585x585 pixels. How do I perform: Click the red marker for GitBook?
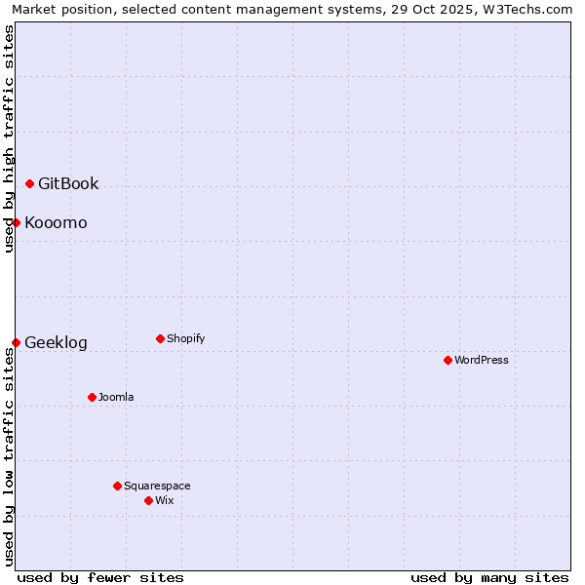pyautogui.click(x=29, y=183)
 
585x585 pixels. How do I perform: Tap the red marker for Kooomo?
pyautogui.click(x=17, y=222)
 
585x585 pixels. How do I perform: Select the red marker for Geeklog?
pyautogui.click(x=17, y=342)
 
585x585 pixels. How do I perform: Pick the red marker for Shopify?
pyautogui.click(x=160, y=338)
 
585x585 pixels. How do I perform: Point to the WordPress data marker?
pyautogui.click(x=448, y=360)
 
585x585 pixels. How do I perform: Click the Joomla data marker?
pyautogui.click(x=92, y=397)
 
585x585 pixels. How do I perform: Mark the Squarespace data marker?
pyautogui.click(x=117, y=486)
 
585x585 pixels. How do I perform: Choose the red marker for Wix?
pyautogui.click(x=148, y=500)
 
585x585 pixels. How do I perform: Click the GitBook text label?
pyautogui.click(x=68, y=183)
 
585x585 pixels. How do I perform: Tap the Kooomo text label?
pyautogui.click(x=56, y=222)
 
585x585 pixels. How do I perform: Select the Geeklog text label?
pyautogui.click(x=56, y=342)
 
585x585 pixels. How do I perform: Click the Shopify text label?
pyautogui.click(x=185, y=338)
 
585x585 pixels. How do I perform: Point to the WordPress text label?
pyautogui.click(x=482, y=360)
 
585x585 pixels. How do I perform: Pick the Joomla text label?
pyautogui.click(x=116, y=397)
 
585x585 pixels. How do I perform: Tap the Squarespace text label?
pyautogui.click(x=157, y=486)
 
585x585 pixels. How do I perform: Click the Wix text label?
pyautogui.click(x=165, y=500)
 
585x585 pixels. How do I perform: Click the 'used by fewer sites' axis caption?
pyautogui.click(x=100, y=577)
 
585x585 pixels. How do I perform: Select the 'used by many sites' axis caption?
pyautogui.click(x=489, y=577)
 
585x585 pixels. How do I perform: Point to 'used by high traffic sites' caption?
pyautogui.click(x=9, y=138)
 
